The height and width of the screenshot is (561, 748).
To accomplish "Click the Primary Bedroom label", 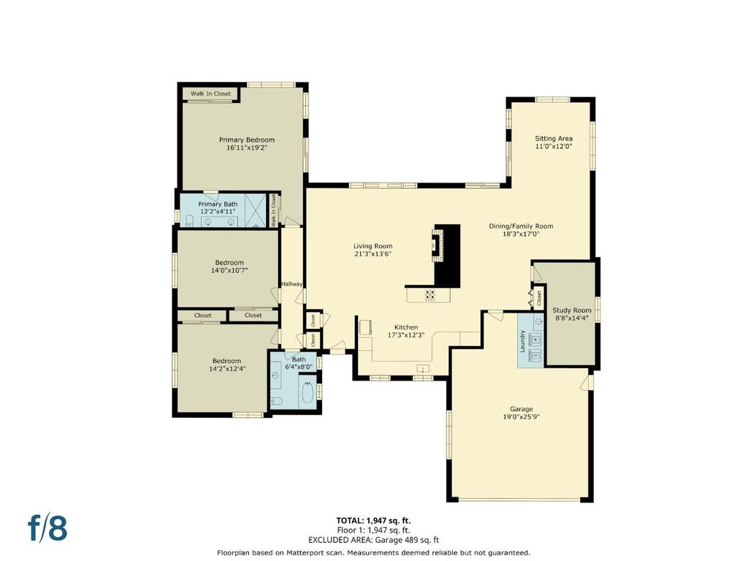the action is click(x=247, y=140).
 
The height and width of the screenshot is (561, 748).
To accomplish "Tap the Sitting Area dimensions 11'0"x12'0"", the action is click(x=554, y=146).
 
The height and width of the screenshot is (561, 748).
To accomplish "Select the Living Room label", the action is click(x=373, y=246).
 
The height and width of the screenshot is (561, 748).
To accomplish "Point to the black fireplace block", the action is click(x=447, y=256).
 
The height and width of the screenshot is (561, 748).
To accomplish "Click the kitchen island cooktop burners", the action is click(x=430, y=295).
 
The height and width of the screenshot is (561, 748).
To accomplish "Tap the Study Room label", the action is click(x=571, y=310).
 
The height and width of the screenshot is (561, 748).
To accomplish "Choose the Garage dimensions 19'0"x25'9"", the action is click(x=521, y=417).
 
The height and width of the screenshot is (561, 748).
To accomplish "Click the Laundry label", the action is click(x=522, y=340).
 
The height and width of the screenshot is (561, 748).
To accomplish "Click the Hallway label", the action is click(x=291, y=284).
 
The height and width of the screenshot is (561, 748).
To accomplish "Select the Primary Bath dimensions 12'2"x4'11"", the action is click(x=218, y=211).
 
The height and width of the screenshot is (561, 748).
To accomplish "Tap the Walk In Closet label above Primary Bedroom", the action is click(x=210, y=93).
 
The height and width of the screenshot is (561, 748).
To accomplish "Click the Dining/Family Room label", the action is click(x=521, y=226).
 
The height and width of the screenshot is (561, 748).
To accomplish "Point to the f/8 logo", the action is click(x=47, y=528).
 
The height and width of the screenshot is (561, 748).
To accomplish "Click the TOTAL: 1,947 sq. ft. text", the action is click(x=373, y=520).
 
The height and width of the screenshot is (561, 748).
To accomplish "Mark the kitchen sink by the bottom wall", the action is click(x=423, y=368).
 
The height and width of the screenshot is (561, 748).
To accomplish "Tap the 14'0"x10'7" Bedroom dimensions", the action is click(x=229, y=270).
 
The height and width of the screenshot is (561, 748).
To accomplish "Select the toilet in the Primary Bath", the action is click(x=189, y=221).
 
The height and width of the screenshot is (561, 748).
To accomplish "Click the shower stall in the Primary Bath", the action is click(x=256, y=210).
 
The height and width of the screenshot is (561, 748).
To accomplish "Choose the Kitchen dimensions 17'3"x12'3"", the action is click(x=406, y=335).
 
